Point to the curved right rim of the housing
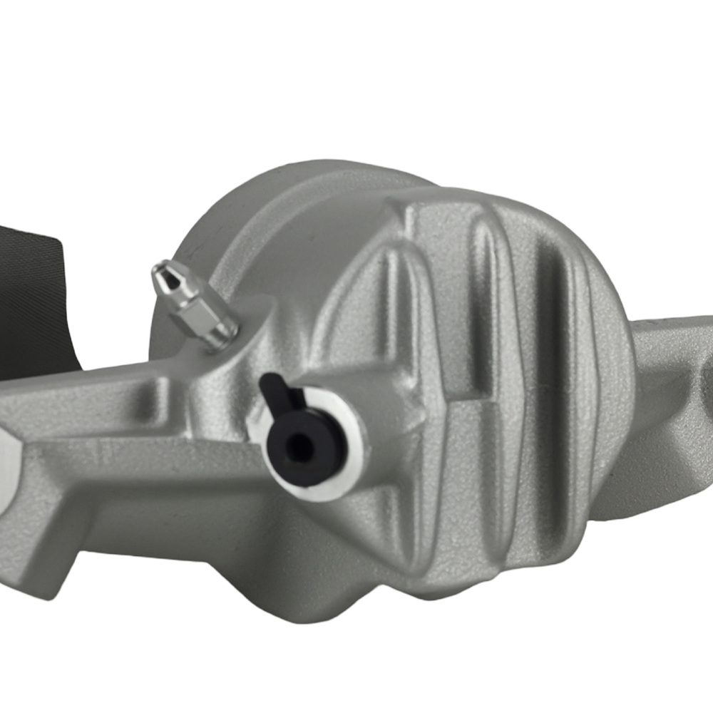tap(620, 371)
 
